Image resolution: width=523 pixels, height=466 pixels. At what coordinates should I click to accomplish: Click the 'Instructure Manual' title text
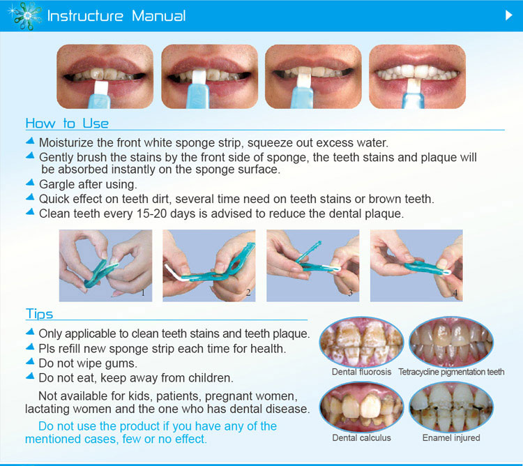[x=116, y=15]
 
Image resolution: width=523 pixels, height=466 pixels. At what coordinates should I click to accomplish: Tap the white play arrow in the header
[x=508, y=15]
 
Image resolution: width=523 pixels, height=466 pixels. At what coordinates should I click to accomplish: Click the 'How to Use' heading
[x=67, y=123]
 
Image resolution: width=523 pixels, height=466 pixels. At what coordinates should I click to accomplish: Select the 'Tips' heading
[x=39, y=314]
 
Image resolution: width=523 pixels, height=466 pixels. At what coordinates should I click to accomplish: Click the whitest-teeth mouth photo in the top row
[x=417, y=76]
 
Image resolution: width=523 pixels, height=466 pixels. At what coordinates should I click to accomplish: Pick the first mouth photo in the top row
[x=105, y=76]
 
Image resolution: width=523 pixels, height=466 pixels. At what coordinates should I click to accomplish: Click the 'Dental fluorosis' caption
[x=361, y=372]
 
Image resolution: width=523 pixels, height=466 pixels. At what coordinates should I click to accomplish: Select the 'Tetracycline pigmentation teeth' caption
[x=451, y=372]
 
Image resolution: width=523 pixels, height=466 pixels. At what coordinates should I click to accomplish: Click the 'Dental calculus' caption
[x=361, y=437]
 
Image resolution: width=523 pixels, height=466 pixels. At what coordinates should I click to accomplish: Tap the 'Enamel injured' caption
[x=451, y=437]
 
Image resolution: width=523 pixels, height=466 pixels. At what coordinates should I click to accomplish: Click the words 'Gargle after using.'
[x=88, y=185]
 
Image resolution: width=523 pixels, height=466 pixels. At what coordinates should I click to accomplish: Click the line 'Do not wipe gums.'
[x=88, y=363]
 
